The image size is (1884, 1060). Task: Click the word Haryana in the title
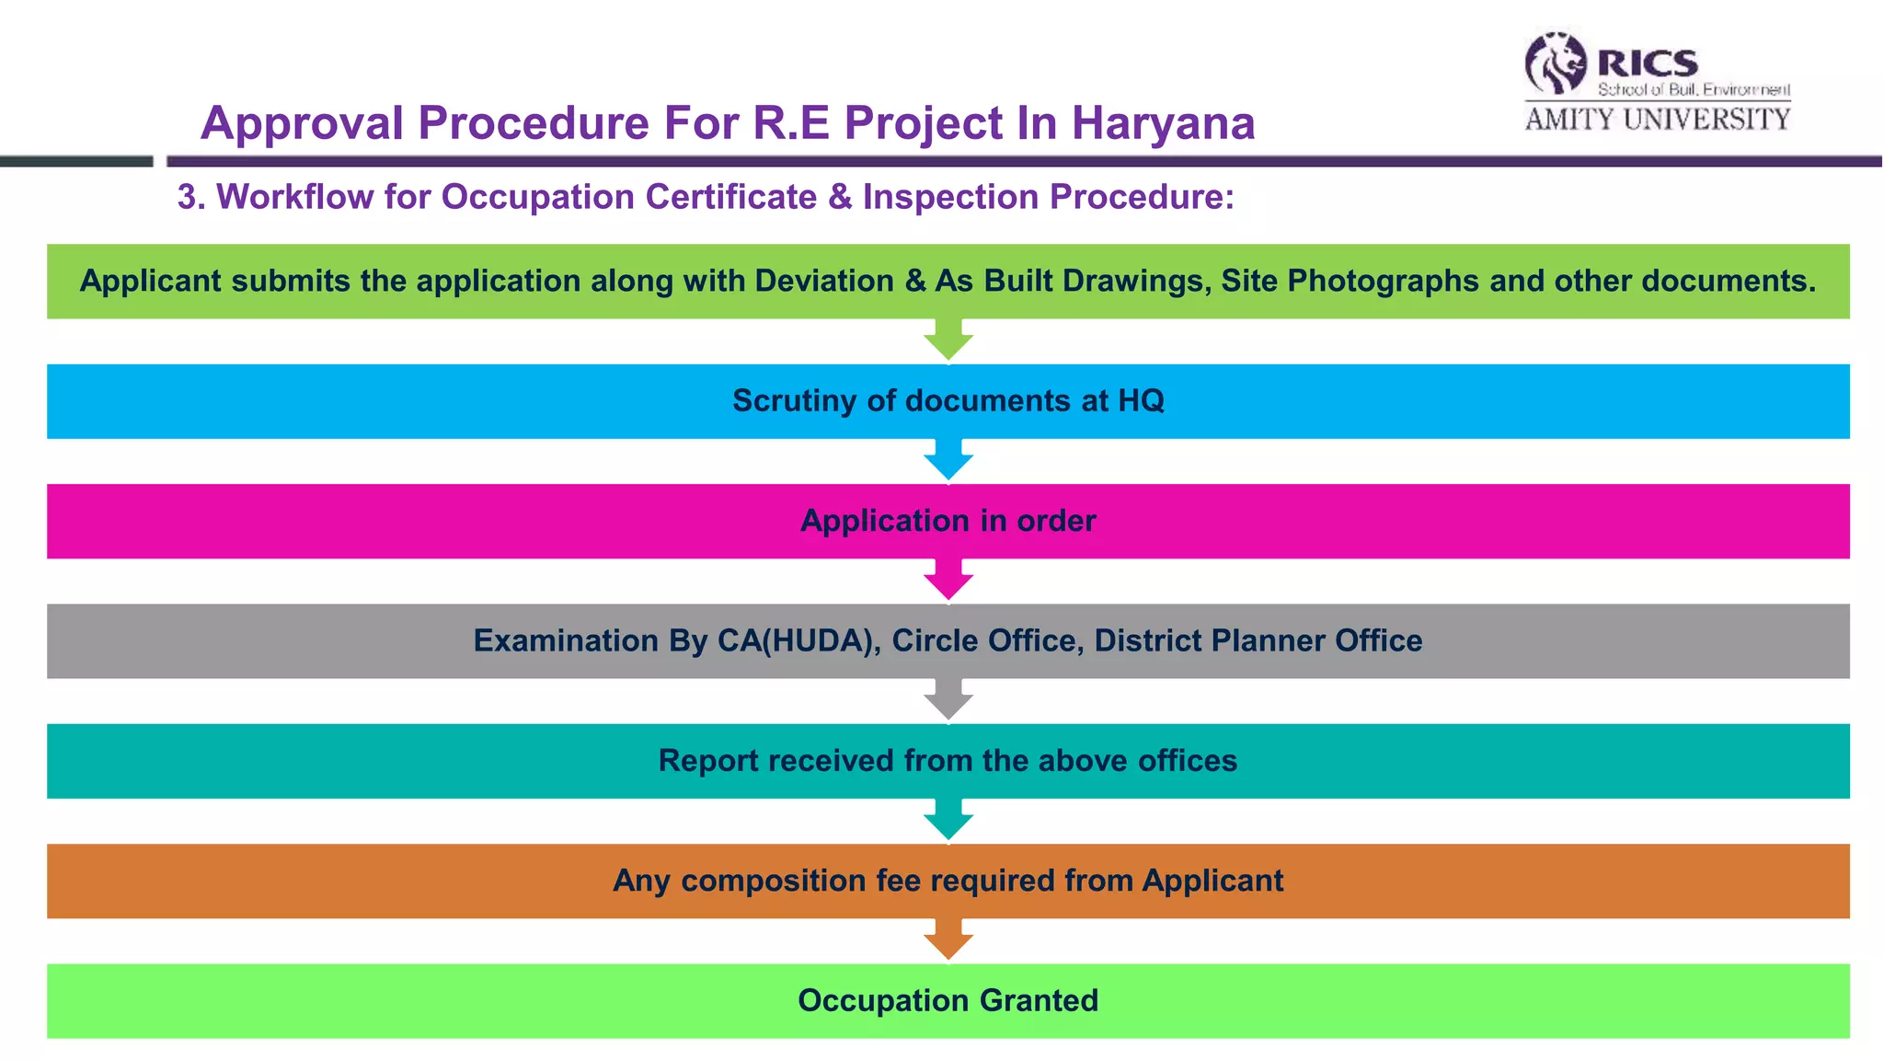1163,123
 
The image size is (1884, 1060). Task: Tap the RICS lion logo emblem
1556,63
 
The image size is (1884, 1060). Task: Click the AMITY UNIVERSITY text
1657,120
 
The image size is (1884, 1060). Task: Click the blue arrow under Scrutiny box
948,460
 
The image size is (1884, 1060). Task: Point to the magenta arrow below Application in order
948,580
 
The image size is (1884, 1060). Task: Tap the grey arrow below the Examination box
948,700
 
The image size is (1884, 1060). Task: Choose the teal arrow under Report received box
948,820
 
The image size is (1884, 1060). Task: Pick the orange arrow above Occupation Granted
948,939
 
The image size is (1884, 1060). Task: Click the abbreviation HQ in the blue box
1141,401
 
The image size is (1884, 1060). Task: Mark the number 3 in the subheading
187,197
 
